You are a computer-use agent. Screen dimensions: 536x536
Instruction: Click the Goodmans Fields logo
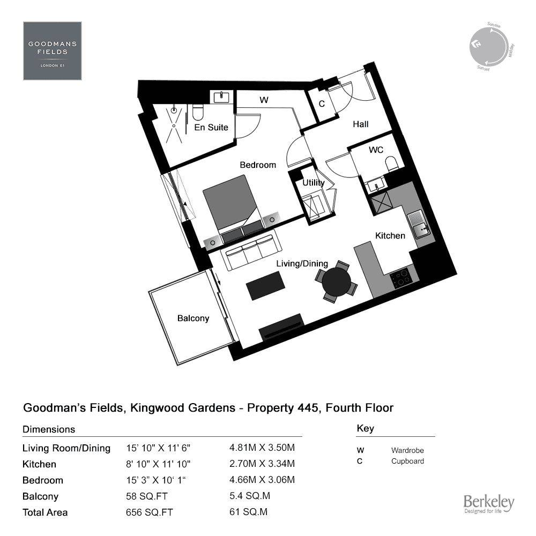pos(53,51)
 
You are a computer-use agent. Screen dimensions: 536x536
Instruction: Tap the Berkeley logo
pos(489,504)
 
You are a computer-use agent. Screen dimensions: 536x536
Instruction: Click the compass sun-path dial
pos(488,47)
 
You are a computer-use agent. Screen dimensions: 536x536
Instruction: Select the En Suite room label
pos(211,128)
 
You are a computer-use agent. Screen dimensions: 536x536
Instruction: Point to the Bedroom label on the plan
pos(258,165)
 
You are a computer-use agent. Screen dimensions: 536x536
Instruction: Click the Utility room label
pos(314,183)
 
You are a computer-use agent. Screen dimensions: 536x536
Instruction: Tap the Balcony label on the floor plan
pos(193,318)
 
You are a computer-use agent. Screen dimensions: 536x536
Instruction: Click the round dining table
pos(337,282)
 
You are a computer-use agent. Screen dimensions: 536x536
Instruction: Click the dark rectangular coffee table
pos(266,286)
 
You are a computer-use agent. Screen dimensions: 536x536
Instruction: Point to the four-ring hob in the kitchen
pos(401,278)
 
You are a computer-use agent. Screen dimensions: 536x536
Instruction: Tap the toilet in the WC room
pos(392,164)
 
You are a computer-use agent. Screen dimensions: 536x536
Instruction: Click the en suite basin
pos(221,97)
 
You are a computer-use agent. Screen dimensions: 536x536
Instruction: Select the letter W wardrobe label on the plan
pos(264,100)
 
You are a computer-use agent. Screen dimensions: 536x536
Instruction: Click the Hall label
pos(361,124)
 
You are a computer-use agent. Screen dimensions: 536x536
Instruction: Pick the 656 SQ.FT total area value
pos(150,512)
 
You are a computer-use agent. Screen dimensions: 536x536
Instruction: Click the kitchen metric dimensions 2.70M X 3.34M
pos(262,464)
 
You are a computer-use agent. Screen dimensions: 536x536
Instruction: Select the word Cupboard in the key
pos(407,461)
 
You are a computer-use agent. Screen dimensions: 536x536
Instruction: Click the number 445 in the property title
pos(308,408)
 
